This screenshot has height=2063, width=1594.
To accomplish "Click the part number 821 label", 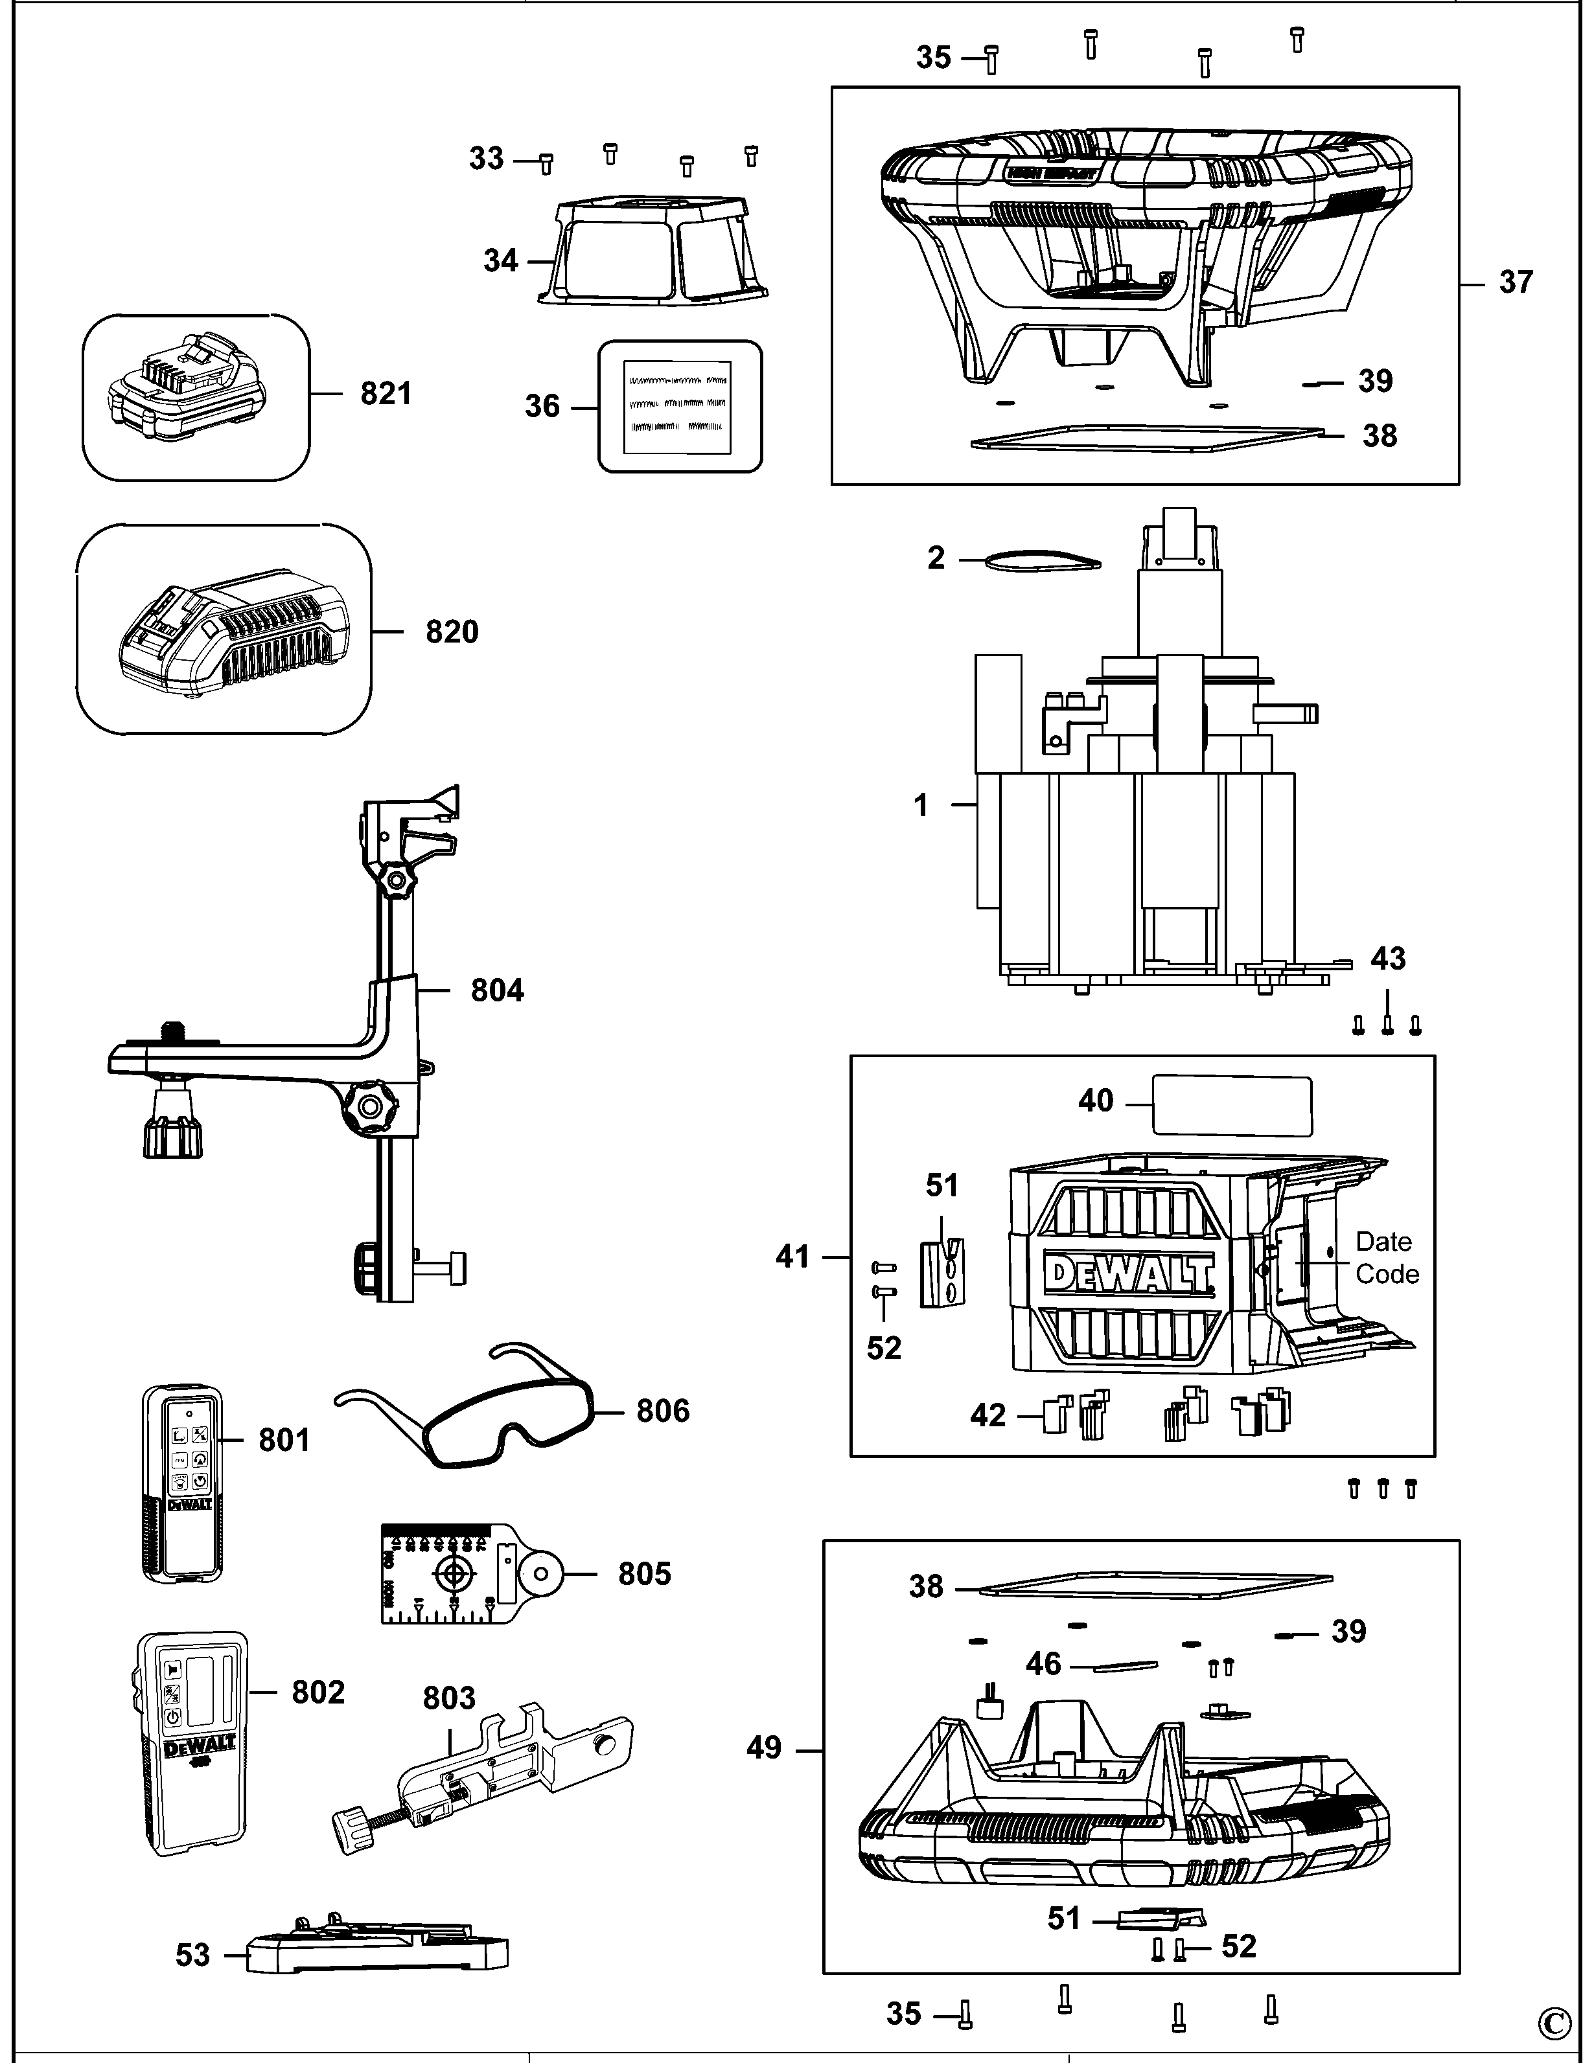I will coord(386,393).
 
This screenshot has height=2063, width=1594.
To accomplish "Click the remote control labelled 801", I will coord(182,1483).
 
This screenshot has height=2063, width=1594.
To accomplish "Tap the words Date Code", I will coord(1386,1257).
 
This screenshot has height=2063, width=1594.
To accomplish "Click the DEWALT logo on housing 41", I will coord(1129,1272).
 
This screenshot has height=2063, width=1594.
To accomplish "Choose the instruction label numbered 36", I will coord(679,406).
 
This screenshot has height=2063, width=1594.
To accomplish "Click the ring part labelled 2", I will coord(1041,561).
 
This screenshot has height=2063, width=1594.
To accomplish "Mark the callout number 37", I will coord(1516,282).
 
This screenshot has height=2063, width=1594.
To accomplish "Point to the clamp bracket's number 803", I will coord(449,1698).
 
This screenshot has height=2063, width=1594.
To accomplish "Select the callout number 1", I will coord(921,806).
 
